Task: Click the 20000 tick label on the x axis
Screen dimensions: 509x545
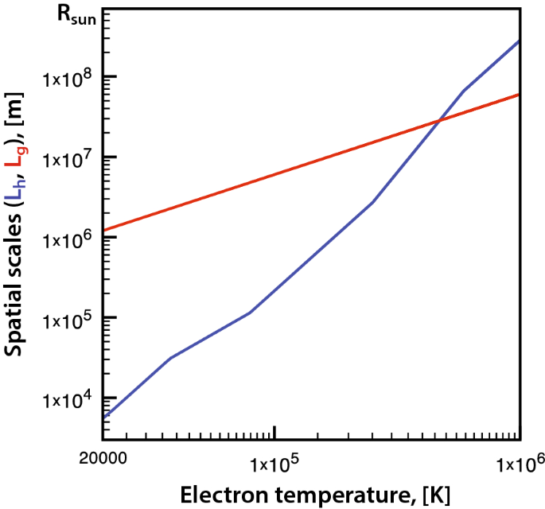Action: click(103, 460)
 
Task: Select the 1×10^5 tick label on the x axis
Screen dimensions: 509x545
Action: click(274, 460)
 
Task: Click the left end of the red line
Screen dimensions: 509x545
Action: click(103, 231)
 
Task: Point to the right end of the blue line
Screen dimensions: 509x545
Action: click(519, 41)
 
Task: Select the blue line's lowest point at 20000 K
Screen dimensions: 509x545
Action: click(103, 417)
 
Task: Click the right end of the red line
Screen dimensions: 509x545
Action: click(519, 95)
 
